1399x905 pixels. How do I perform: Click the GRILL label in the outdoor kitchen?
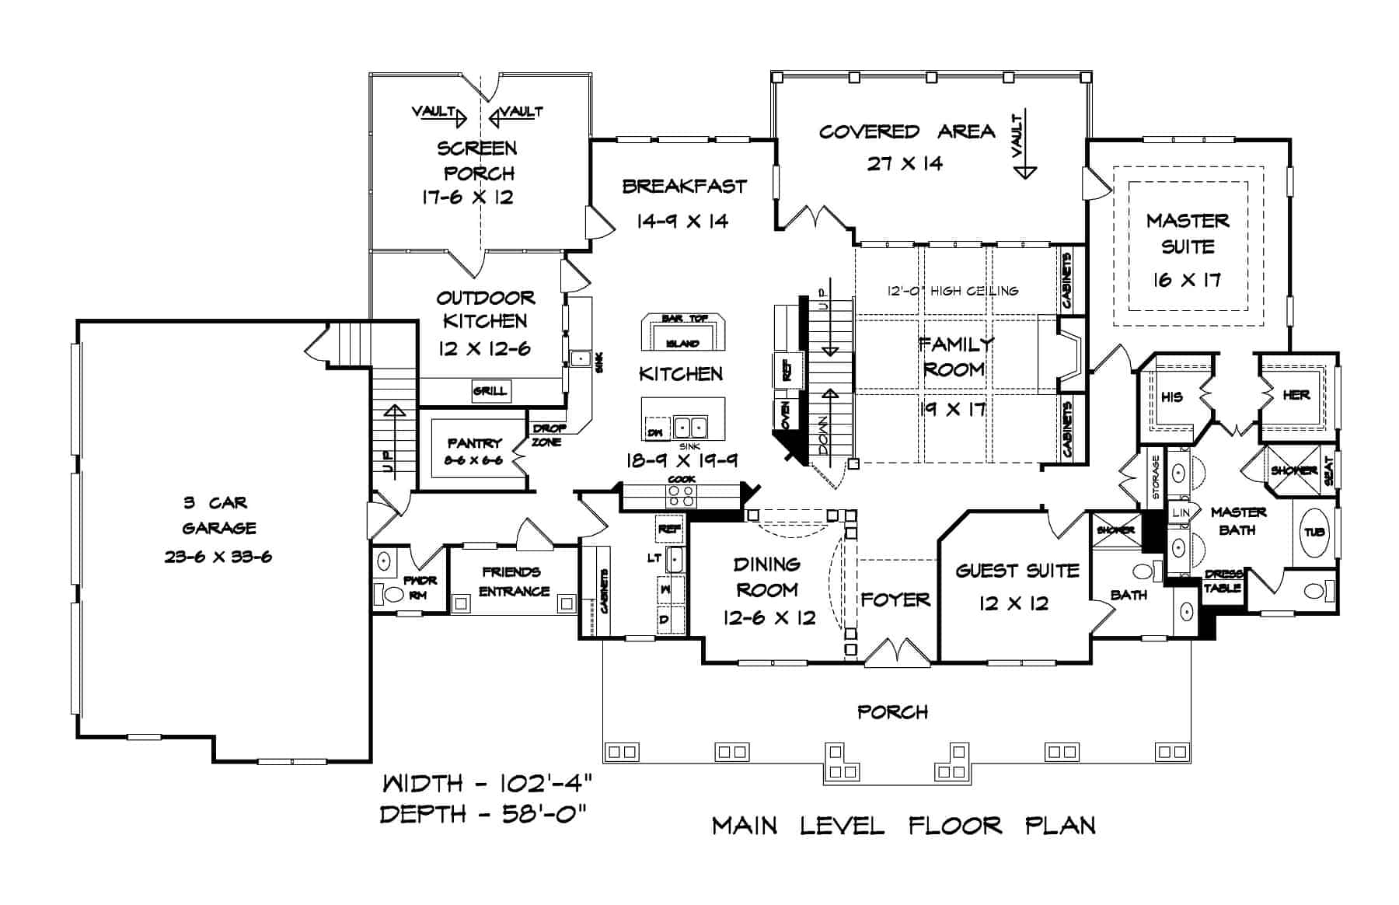click(x=490, y=391)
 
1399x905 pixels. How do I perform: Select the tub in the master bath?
click(x=1314, y=533)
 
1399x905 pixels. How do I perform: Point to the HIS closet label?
click(x=1172, y=397)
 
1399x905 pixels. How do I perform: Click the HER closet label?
click(x=1296, y=395)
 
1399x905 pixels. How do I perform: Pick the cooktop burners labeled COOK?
click(x=682, y=495)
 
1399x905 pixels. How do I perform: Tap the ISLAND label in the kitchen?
click(x=682, y=343)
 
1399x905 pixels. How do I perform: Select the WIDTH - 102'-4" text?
click(x=489, y=782)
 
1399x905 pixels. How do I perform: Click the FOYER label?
click(x=895, y=599)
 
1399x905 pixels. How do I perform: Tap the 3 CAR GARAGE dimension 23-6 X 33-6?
click(x=218, y=557)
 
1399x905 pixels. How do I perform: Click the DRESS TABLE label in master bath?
click(x=1223, y=582)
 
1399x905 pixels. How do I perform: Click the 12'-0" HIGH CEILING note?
click(x=953, y=291)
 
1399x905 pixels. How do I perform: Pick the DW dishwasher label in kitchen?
click(x=655, y=432)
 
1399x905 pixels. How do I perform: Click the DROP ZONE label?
click(x=549, y=435)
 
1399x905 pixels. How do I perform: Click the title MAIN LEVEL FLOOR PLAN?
click(x=904, y=825)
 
